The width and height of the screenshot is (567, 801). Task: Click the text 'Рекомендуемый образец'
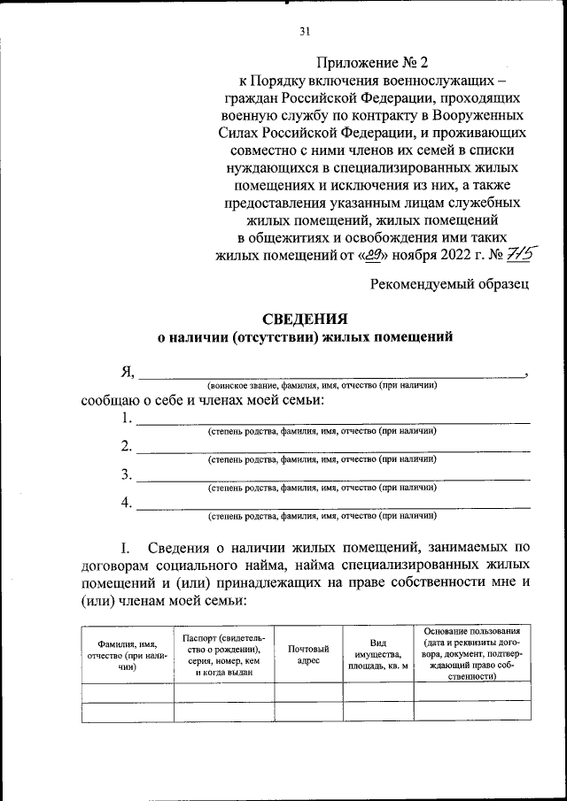point(451,284)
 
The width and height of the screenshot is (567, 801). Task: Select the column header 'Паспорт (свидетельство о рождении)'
point(223,655)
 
